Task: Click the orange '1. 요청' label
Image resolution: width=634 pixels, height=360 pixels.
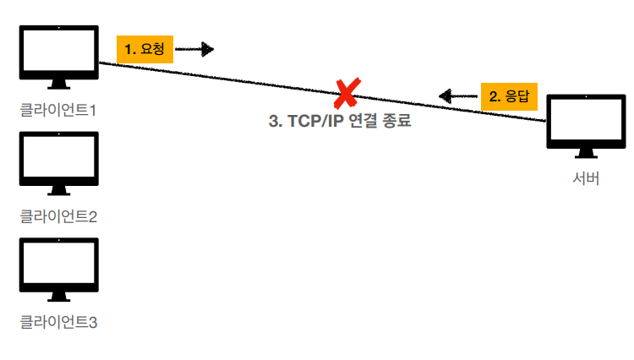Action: coord(145,50)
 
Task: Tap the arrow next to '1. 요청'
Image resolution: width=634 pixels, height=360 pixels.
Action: coord(194,50)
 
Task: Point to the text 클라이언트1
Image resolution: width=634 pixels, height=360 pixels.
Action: coord(58,110)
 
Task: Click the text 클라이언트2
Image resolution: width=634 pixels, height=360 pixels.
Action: coord(58,216)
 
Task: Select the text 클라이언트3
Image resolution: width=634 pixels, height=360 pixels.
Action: coord(58,322)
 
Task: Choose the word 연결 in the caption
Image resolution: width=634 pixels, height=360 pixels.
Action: coord(361,121)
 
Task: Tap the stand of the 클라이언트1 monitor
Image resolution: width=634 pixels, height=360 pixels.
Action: coord(58,84)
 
